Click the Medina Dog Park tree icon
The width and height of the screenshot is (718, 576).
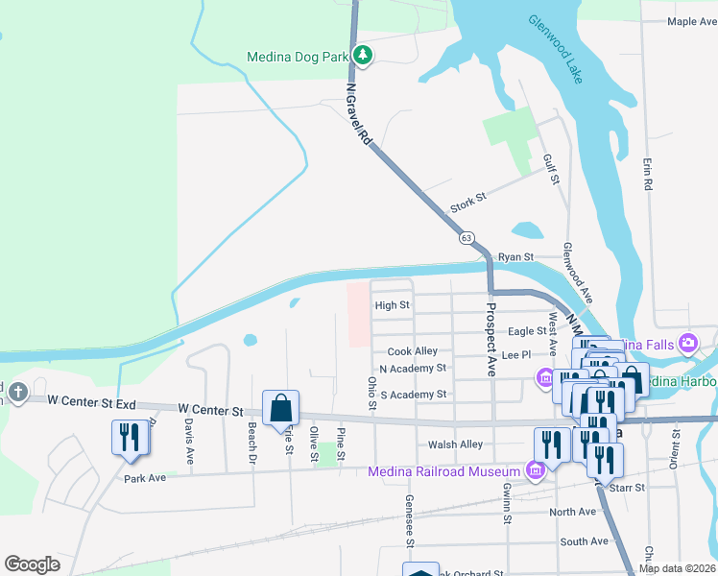coord(362,56)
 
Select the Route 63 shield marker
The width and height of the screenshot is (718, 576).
coord(467,237)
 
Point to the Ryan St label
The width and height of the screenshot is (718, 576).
coord(515,257)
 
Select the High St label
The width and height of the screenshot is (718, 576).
coord(392,305)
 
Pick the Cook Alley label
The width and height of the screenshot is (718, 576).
coord(412,352)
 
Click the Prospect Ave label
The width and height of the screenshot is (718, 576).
coord(490,339)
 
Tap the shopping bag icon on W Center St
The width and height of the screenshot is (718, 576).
coord(280,407)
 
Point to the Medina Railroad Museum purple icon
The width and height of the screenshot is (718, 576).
coord(536,469)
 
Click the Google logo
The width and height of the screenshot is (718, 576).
coord(32,564)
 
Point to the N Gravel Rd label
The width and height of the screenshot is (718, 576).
coord(358,115)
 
